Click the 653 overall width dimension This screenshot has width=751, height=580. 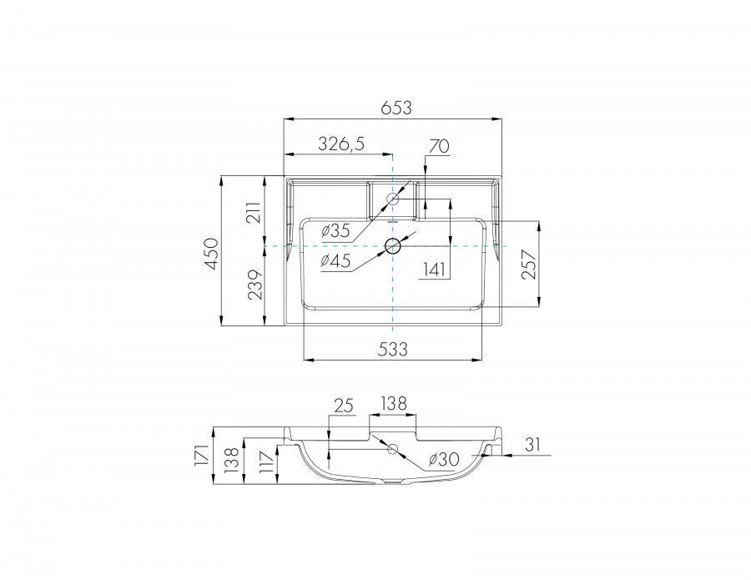pos(396,108)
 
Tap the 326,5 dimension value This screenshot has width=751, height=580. pos(341,144)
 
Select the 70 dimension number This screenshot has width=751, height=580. pos(439,146)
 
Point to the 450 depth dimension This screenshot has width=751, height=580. pos(212,253)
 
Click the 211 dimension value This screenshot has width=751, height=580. pos(255,212)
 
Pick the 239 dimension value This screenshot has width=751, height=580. pos(255,285)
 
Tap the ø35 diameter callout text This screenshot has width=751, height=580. pos(335,231)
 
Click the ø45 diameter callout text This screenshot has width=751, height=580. pos(335,260)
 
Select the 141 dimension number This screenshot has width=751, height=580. pos(435,270)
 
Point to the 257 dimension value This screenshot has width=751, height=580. pos(528,264)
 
